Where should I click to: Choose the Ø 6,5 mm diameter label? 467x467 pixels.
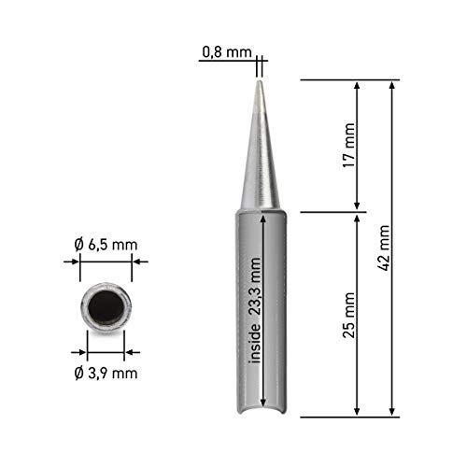(x=106, y=245)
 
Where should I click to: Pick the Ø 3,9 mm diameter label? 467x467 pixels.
(x=106, y=374)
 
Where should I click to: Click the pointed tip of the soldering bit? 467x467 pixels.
(x=260, y=83)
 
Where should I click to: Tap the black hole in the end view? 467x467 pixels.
(x=106, y=306)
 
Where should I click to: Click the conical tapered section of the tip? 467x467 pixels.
(x=260, y=159)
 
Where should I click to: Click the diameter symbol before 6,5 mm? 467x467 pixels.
(x=78, y=245)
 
